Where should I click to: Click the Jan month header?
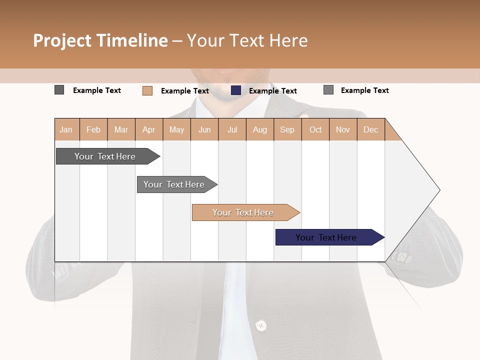[66, 130]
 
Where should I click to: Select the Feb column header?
[93, 130]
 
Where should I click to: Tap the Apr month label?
[148, 130]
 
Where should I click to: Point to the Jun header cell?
[204, 130]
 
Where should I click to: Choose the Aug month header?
[260, 130]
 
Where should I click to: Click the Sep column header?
[287, 130]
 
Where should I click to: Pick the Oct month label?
[315, 130]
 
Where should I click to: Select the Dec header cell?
[370, 130]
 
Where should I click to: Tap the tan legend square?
[147, 90]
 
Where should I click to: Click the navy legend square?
[236, 90]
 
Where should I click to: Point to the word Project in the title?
[62, 40]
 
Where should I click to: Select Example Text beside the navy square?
[273, 91]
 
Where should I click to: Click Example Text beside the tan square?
[185, 91]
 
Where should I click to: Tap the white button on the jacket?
[260, 326]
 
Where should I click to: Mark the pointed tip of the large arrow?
[439, 190]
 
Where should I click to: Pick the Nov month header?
[343, 130]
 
